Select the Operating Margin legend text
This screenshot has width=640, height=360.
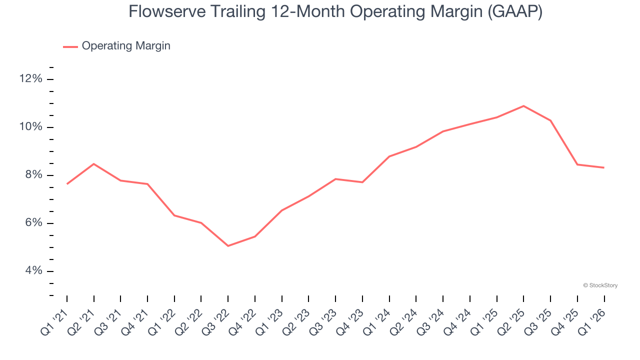(126, 46)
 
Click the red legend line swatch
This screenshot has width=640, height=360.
(70, 46)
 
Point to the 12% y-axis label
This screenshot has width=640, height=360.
(31, 79)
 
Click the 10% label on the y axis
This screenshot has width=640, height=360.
(31, 127)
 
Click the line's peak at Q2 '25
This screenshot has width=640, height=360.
(523, 106)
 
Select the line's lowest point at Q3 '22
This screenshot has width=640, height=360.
(228, 246)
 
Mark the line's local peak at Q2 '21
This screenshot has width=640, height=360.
(94, 164)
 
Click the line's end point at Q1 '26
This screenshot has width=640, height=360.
(604, 167)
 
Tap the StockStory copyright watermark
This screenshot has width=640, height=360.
(600, 285)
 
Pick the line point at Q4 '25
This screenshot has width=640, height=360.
(577, 164)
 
